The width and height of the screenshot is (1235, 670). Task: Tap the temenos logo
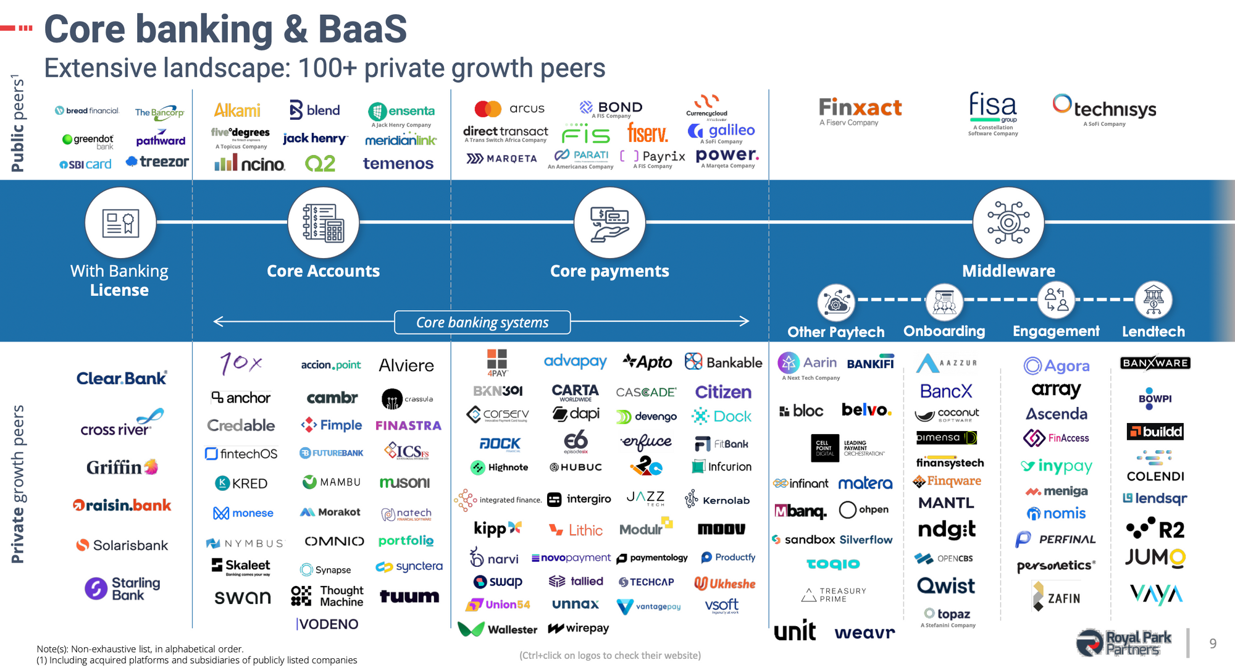point(398,164)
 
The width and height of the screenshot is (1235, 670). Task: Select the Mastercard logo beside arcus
point(488,109)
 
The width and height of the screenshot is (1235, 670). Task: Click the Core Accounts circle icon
point(323,223)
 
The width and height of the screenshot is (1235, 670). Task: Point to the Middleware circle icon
point(1008,223)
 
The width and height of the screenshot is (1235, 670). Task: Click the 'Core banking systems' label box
point(482,322)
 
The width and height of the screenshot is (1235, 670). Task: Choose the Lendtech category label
point(1153,332)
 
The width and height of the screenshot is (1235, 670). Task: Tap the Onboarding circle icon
point(944,301)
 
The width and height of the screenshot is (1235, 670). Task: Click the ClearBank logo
point(122,379)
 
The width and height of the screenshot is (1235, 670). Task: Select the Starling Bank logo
point(122,588)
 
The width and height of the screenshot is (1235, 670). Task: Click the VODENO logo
point(327,624)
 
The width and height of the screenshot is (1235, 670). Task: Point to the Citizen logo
point(723,392)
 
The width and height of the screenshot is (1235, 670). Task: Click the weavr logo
point(865,632)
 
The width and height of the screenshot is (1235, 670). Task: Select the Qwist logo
point(946,585)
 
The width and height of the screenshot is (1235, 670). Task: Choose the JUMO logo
point(1155,558)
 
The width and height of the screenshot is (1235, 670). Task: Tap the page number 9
point(1213,643)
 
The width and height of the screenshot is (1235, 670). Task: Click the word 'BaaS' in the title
point(362,29)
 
